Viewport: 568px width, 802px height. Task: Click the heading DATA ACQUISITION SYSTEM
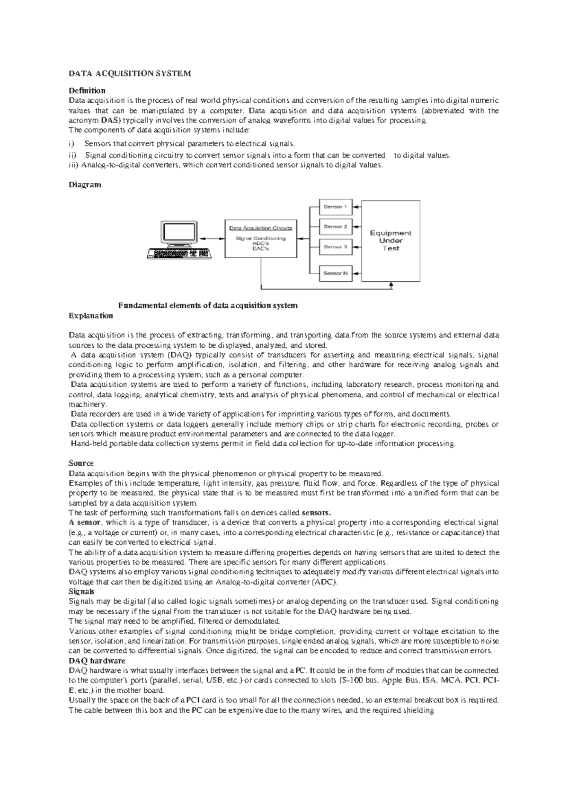130,74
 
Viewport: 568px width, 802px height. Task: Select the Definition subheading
87,90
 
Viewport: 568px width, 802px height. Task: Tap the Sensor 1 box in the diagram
336,207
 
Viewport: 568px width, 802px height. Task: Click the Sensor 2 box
336,227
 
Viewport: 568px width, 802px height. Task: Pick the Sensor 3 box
336,247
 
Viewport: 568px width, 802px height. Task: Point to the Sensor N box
336,273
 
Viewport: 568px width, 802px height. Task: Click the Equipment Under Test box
390,241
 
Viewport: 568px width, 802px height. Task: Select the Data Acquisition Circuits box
261,238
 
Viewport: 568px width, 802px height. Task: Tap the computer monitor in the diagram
178,234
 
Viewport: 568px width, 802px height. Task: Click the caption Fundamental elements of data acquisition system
208,305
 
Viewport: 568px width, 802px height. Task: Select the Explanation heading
91,315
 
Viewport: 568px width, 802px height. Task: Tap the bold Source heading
81,463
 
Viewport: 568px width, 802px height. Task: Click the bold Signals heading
81,592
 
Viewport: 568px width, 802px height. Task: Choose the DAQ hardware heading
97,661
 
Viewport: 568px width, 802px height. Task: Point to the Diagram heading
85,185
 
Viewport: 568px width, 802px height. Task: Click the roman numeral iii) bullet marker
73,166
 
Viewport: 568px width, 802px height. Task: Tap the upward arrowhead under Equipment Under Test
391,285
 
